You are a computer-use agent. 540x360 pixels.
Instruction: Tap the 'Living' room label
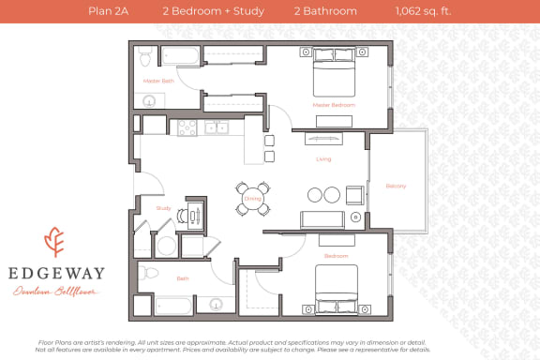point(322,159)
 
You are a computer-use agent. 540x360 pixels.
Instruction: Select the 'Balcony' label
point(396,186)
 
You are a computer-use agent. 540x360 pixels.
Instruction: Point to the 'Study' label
point(150,208)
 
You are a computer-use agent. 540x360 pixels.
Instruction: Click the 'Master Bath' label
point(158,82)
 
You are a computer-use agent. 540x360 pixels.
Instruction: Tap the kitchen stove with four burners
point(187,127)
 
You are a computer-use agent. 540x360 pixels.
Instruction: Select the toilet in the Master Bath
point(145,56)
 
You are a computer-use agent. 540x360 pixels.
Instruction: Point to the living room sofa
point(321,220)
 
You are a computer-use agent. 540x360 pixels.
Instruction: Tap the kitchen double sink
point(217,127)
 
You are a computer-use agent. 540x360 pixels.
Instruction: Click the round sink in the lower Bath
point(217,305)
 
